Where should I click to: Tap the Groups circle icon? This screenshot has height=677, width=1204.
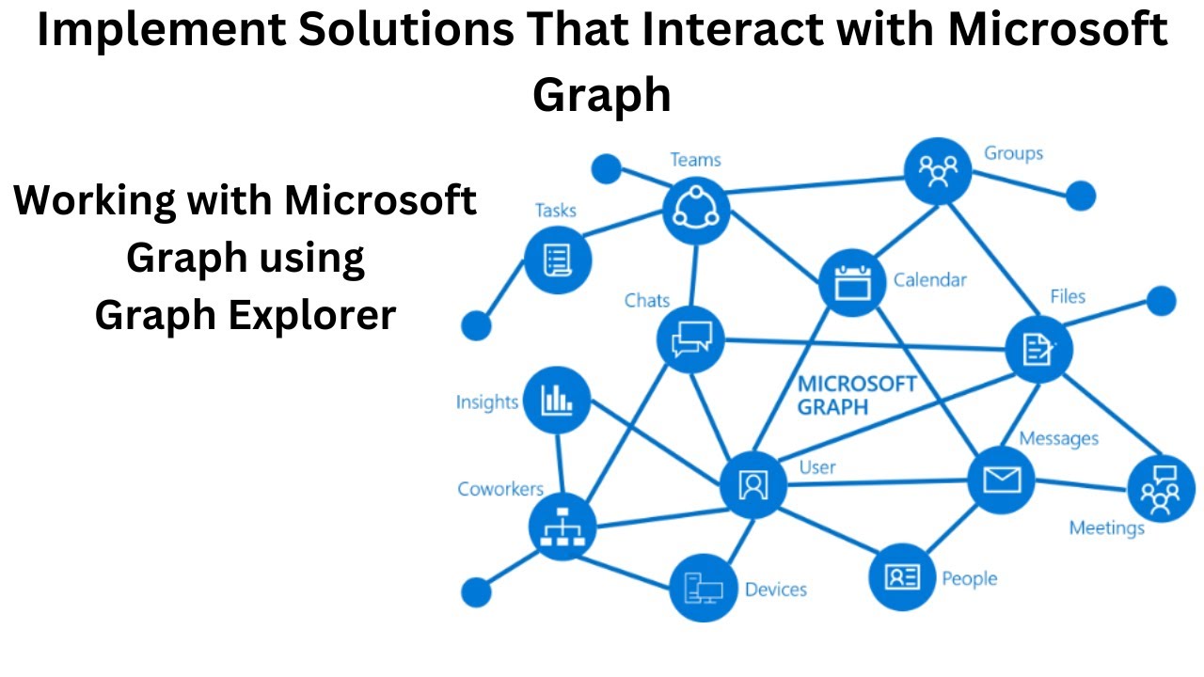pos(937,171)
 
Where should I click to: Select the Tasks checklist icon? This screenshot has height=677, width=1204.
pos(558,259)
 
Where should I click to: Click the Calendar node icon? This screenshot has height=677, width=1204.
pos(852,282)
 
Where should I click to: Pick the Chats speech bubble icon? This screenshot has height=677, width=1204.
pos(690,338)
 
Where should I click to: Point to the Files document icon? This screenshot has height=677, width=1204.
pos(1038,350)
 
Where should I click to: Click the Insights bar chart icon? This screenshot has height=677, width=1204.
pos(557,400)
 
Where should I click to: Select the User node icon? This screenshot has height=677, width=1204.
pos(752,485)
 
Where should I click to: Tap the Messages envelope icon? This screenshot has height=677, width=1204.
pos(1001,480)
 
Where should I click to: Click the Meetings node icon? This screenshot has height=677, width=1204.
pos(1160,489)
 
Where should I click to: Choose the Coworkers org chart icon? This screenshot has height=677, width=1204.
pos(562,527)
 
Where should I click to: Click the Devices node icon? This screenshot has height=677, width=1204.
pos(703,589)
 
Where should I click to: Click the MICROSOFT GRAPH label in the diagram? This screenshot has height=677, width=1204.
pos(856,396)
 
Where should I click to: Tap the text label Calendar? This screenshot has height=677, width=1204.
pos(929,279)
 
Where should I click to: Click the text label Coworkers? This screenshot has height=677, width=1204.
pos(500,489)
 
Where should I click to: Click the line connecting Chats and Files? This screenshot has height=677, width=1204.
pos(865,344)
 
